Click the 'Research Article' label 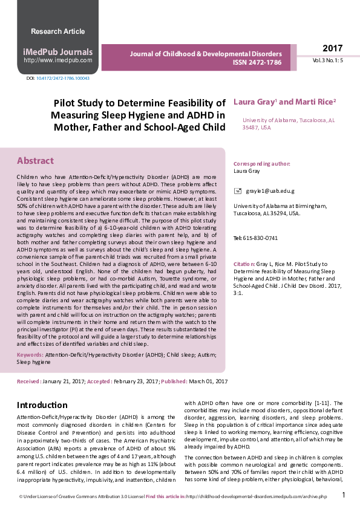coord(57,31)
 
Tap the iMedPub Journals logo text coord(58,52)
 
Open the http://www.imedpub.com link coord(58,60)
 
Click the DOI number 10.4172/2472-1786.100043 coord(63,79)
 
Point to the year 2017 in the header coord(332,48)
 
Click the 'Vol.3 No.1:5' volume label coord(328,61)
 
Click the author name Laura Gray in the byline coord(254,102)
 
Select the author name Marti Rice coord(314,102)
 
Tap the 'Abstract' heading coord(35,161)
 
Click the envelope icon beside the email coord(237,191)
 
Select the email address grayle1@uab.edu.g coord(270,191)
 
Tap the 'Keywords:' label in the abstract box coord(30,354)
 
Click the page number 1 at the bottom coord(344,495)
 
